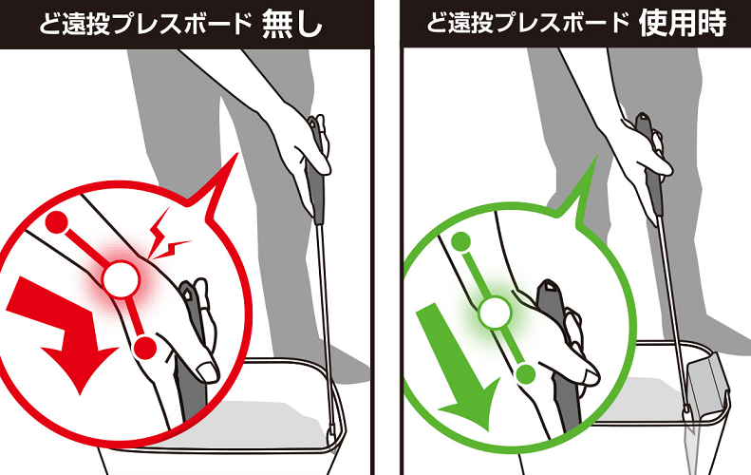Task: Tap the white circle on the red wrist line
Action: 122,279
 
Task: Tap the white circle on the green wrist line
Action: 496,312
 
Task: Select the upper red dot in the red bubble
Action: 58,222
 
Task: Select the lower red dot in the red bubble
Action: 144,348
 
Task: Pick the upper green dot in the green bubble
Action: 461,242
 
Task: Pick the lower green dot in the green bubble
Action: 526,374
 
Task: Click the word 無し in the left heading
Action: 291,24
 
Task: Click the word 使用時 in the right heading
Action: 682,23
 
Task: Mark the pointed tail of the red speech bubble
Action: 236,154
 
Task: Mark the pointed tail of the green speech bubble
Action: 596,157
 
